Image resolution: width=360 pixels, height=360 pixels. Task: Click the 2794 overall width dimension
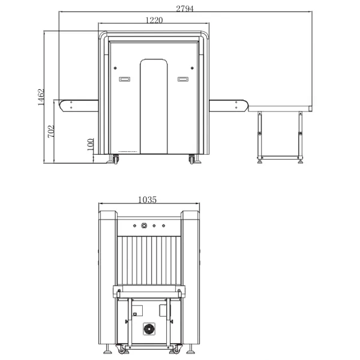[185, 9]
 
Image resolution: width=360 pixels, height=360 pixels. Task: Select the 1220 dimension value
[154, 20]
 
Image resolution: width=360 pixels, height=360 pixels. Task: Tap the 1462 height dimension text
[41, 97]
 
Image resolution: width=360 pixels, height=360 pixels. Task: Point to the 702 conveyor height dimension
[51, 131]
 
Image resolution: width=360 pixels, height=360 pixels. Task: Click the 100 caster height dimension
[91, 145]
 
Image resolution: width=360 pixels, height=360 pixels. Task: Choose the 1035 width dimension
[148, 200]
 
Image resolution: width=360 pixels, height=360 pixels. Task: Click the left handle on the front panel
[125, 79]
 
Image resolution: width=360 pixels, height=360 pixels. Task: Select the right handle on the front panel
[183, 79]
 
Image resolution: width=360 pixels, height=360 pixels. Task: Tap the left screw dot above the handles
[115, 68]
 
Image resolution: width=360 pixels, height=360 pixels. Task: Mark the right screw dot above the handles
[192, 68]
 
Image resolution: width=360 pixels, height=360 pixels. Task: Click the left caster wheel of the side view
[115, 159]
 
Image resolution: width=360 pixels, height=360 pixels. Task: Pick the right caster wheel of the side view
[192, 159]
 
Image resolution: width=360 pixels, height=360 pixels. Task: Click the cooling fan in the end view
[149, 329]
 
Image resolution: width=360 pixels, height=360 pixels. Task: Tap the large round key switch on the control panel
[144, 226]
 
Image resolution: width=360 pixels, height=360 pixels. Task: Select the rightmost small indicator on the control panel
[163, 226]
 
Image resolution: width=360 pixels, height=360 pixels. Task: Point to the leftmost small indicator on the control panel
[135, 226]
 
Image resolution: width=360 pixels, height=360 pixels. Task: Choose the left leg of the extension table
[260, 137]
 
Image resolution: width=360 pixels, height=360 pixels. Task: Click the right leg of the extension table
[301, 137]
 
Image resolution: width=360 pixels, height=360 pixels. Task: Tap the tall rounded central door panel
[154, 107]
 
